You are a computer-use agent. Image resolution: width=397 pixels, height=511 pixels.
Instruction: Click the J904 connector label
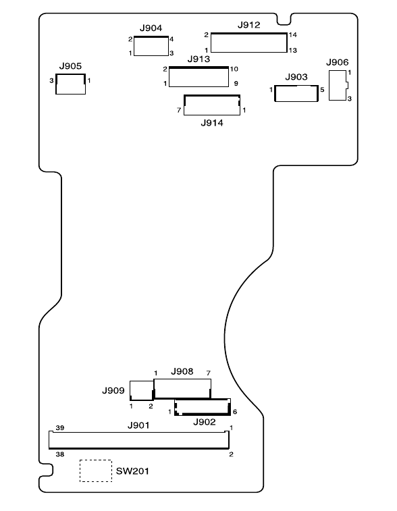pyautogui.click(x=151, y=28)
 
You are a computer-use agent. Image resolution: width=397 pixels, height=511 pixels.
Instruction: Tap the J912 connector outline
pyautogui.click(x=249, y=33)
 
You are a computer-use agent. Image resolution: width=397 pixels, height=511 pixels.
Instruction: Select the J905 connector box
pyautogui.click(x=70, y=75)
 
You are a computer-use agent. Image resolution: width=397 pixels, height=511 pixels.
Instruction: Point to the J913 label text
pyautogui.click(x=198, y=59)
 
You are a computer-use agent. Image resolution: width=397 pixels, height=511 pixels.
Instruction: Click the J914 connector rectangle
pyautogui.click(x=212, y=95)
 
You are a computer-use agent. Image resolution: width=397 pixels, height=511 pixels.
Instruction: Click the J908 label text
pyautogui.click(x=182, y=371)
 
